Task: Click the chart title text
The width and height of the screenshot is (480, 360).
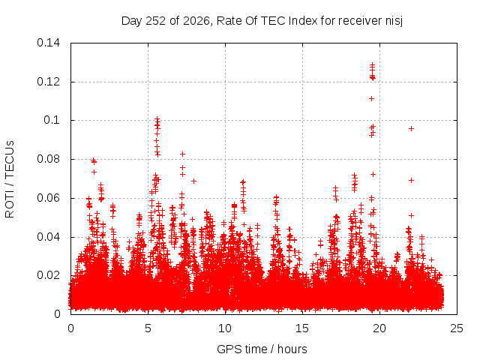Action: (262, 21)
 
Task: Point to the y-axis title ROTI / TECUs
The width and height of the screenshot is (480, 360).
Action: (10, 179)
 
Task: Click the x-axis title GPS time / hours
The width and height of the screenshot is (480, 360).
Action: (262, 349)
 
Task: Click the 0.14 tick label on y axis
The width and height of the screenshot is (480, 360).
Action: (48, 43)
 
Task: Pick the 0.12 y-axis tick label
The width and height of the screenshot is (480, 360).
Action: (48, 82)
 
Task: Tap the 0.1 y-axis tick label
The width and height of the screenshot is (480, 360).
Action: (52, 120)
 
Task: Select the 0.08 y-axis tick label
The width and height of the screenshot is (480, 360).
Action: (48, 159)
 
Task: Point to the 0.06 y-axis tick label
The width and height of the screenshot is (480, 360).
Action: (48, 198)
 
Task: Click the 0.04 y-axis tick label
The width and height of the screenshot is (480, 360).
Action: (48, 237)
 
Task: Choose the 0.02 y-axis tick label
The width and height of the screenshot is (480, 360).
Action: (48, 275)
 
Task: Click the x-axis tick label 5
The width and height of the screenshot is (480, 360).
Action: (148, 328)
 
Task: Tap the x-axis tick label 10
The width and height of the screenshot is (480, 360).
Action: (225, 328)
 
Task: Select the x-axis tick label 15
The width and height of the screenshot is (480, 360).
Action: (302, 328)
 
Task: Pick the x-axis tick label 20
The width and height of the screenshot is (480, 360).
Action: (379, 328)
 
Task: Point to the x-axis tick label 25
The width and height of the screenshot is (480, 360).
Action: (457, 328)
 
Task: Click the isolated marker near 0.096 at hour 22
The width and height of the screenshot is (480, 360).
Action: (412, 129)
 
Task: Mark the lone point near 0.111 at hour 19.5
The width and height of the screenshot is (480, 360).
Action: (372, 98)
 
